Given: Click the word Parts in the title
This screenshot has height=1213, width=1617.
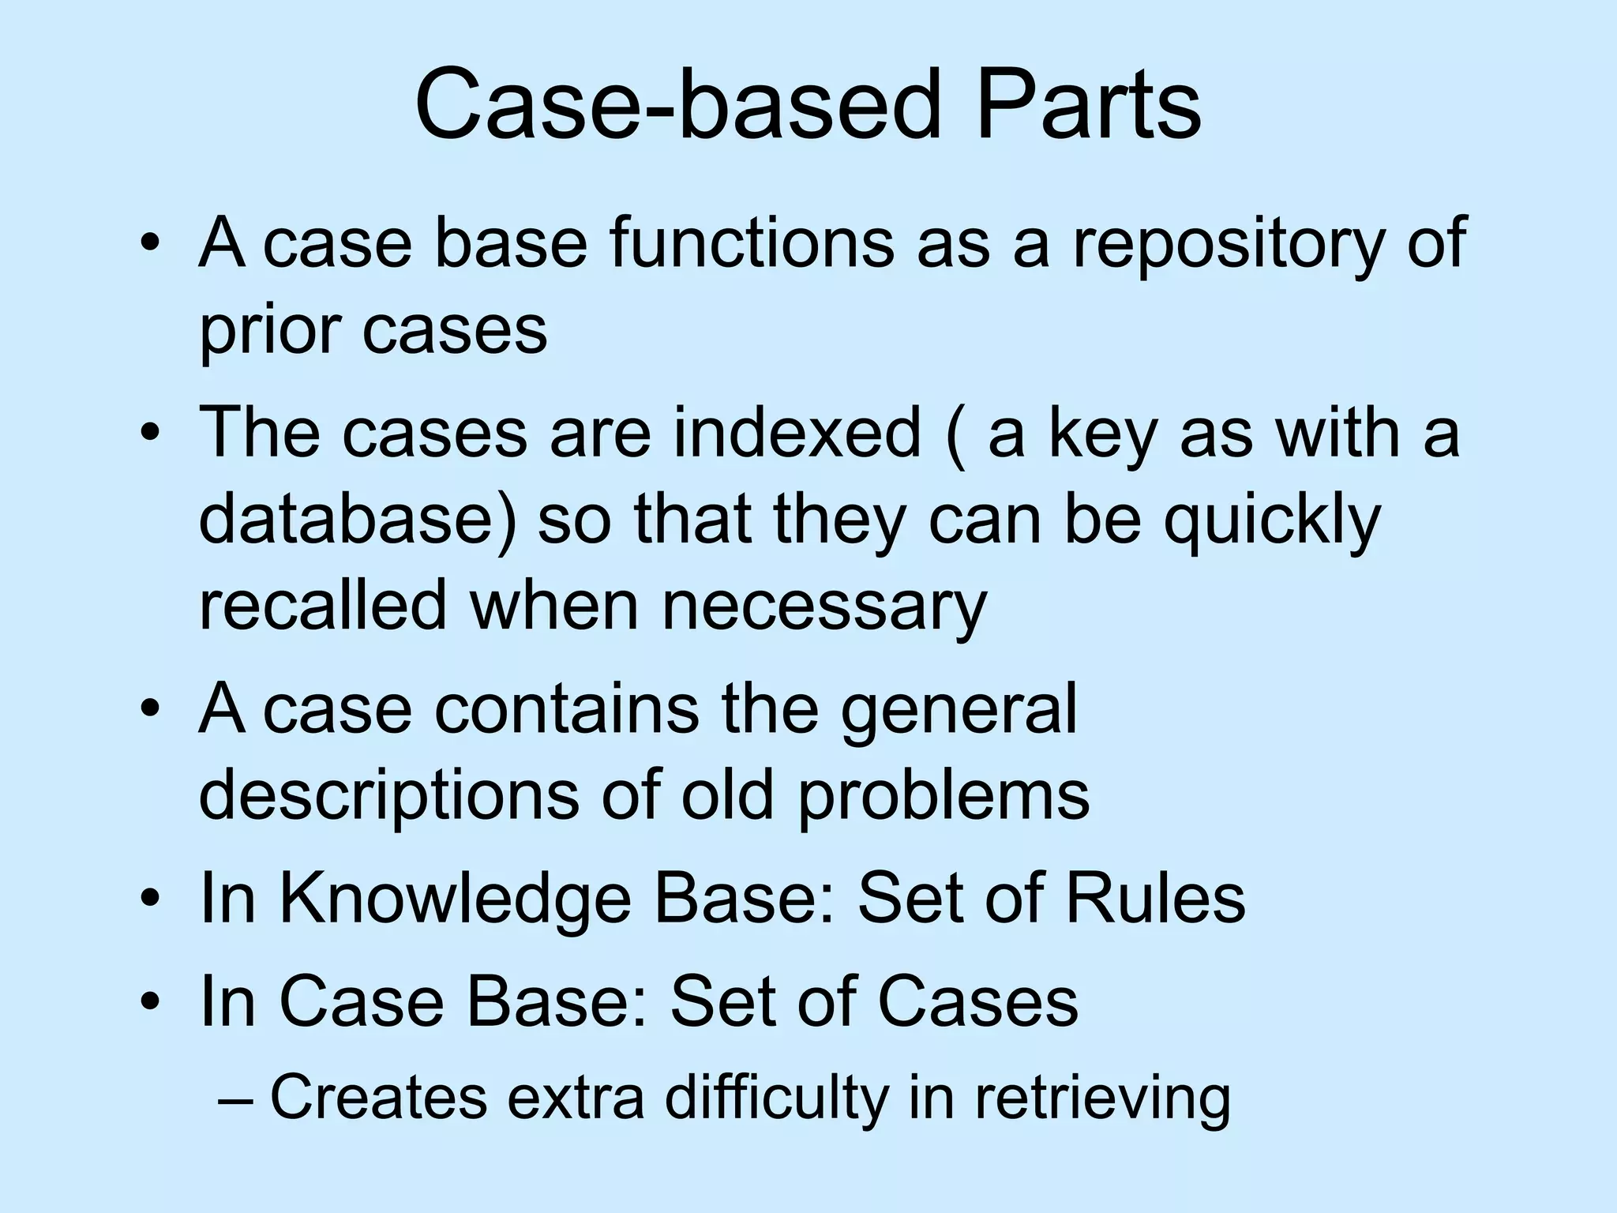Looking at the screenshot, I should tap(1088, 105).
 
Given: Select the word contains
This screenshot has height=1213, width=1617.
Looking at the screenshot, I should tap(566, 708).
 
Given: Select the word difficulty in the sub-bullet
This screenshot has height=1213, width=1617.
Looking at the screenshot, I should tap(776, 1098).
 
